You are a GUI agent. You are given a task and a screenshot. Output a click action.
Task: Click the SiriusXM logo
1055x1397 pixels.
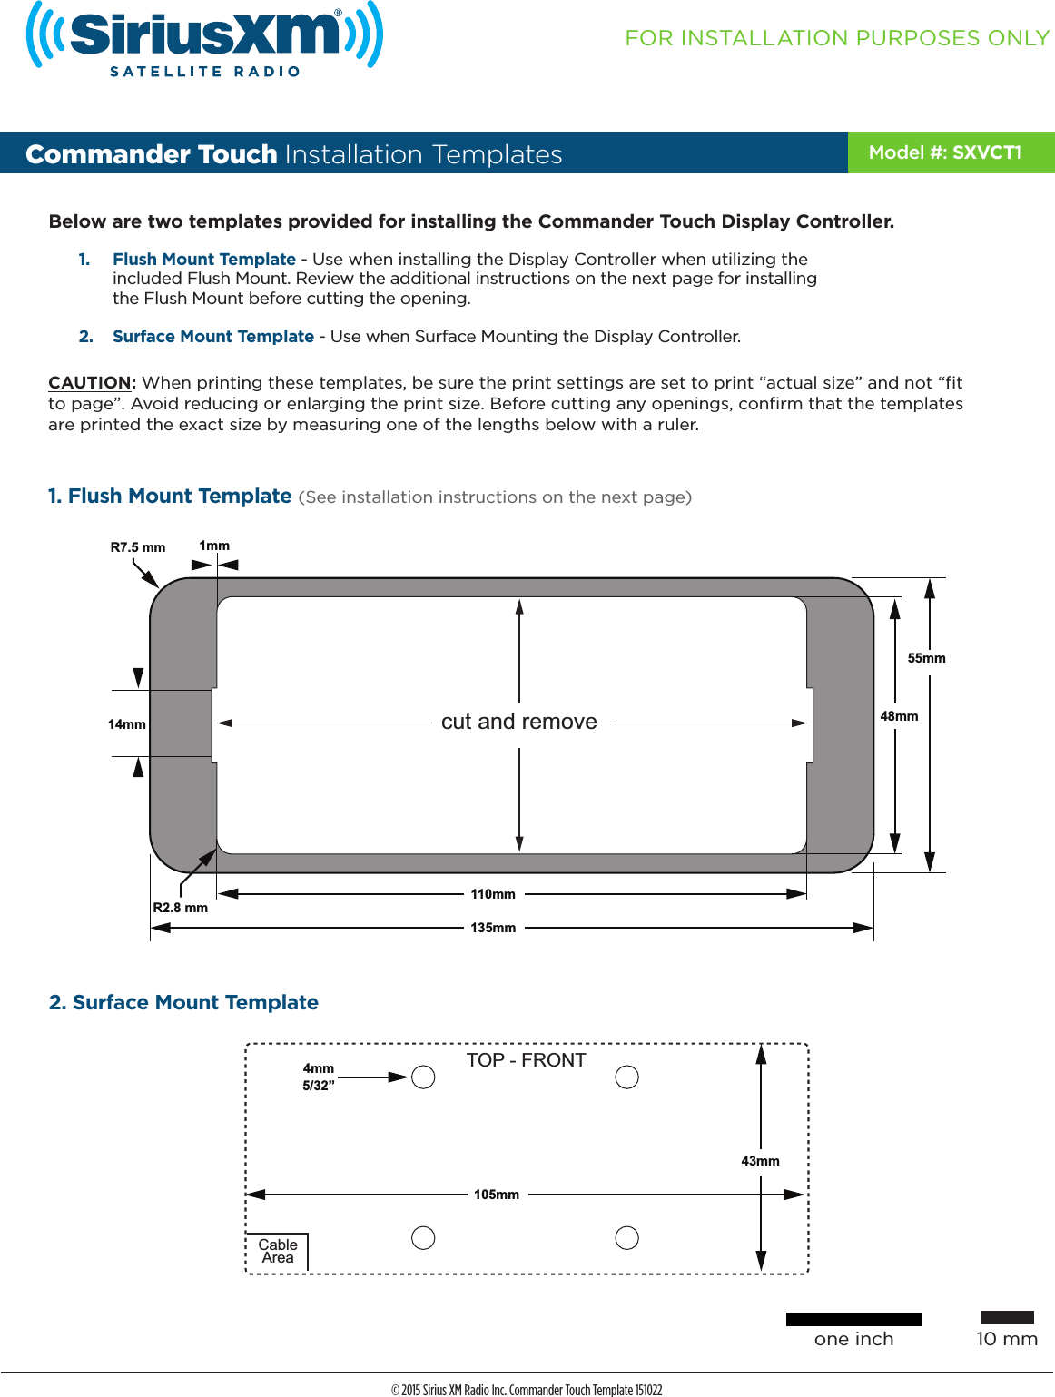[204, 38]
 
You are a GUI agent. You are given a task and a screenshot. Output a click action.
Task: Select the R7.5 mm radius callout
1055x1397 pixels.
[137, 547]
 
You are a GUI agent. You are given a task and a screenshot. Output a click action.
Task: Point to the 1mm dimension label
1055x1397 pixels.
[214, 546]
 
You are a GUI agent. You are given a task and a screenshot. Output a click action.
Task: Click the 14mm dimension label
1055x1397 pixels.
[126, 724]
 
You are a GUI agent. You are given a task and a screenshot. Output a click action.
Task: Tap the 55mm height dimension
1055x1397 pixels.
[926, 658]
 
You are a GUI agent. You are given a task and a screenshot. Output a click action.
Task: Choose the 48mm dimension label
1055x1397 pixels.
[899, 716]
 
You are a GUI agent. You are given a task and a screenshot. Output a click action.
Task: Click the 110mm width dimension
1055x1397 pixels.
[493, 894]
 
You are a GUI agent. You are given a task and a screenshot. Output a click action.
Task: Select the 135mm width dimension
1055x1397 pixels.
[493, 928]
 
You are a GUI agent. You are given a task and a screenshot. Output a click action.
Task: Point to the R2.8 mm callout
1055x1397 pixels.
[180, 908]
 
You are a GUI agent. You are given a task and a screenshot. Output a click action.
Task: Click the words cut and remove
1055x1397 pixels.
[519, 722]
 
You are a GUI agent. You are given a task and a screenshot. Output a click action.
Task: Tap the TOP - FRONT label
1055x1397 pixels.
[526, 1060]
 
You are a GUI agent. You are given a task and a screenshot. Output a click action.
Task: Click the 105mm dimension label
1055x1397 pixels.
[497, 1195]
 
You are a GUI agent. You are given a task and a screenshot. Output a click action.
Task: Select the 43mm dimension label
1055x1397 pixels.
[760, 1161]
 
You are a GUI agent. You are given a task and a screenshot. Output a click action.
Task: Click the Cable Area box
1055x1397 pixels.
[278, 1252]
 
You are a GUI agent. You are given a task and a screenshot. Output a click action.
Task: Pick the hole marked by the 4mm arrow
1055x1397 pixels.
[423, 1077]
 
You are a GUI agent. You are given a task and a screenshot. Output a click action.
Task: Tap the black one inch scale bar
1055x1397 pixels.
[853, 1319]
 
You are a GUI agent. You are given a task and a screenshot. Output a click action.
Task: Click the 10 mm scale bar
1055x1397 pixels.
[1007, 1317]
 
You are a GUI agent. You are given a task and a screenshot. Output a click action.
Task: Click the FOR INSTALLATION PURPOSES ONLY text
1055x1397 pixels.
[837, 38]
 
